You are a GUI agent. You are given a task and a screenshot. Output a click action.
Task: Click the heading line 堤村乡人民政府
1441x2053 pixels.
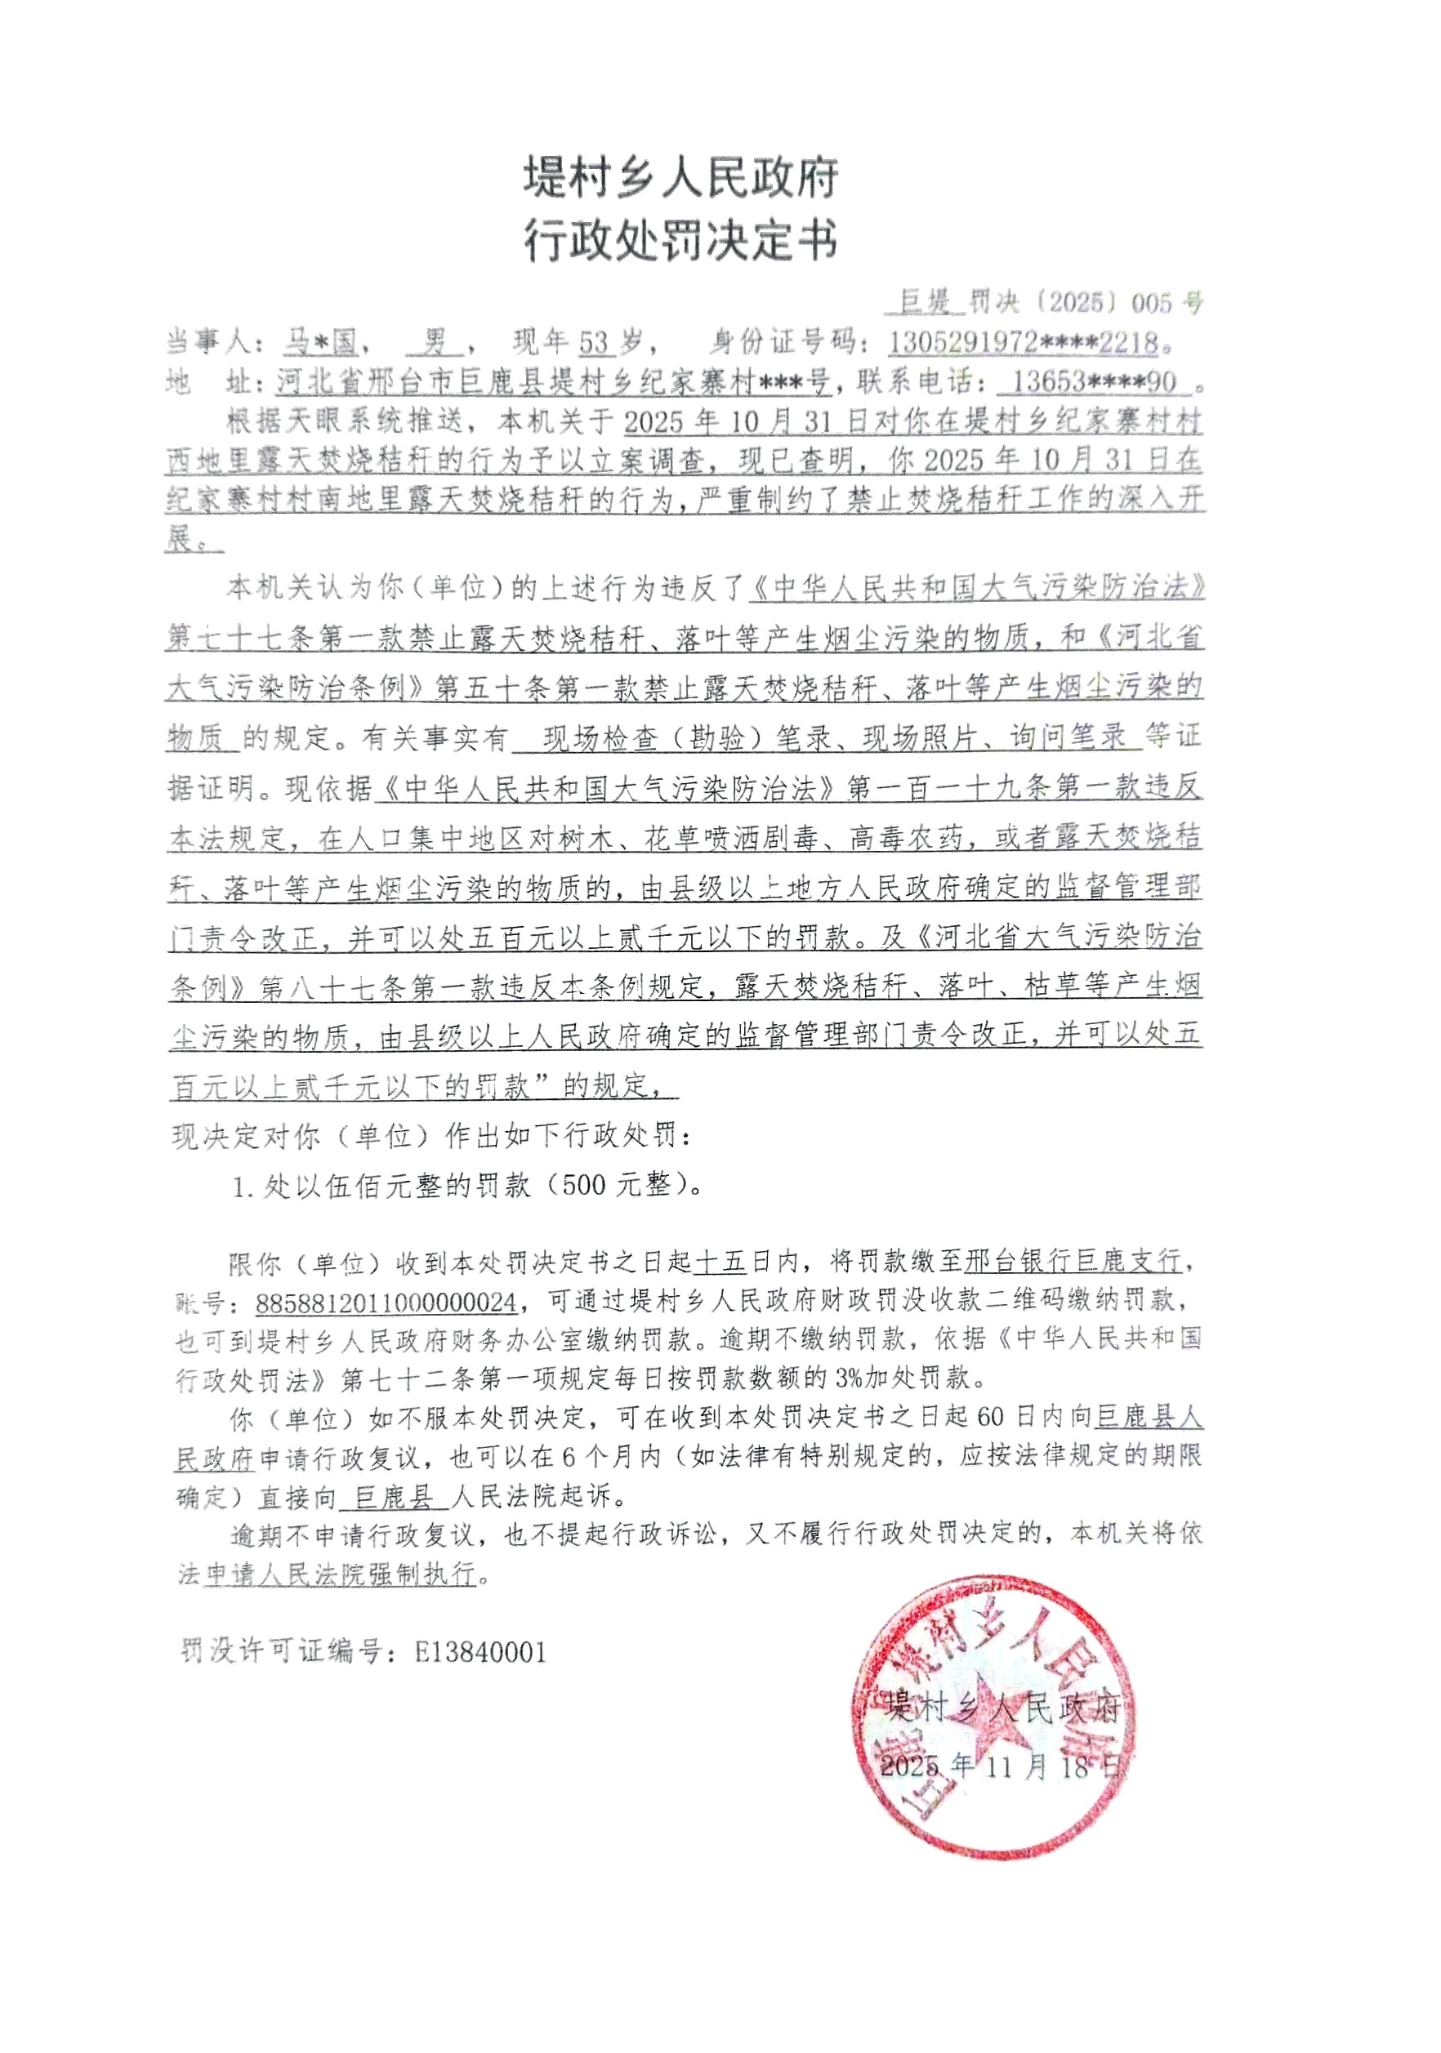pyautogui.click(x=680, y=177)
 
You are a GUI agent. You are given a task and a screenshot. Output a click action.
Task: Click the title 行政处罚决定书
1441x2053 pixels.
pyautogui.click(x=680, y=239)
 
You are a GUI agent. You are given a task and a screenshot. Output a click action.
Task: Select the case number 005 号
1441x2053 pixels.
pyautogui.click(x=1167, y=303)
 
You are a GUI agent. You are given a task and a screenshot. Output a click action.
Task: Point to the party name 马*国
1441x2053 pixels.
pyautogui.click(x=320, y=341)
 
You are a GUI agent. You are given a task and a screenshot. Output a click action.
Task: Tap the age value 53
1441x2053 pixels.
pyautogui.click(x=594, y=342)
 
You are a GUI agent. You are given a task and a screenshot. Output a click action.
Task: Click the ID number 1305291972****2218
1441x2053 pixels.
pyautogui.click(x=1024, y=342)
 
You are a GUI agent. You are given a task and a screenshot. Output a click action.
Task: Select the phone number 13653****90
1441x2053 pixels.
pyautogui.click(x=1093, y=383)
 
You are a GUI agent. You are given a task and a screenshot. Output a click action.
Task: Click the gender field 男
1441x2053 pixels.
pyautogui.click(x=435, y=341)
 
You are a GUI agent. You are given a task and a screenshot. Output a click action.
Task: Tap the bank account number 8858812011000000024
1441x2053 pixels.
pyautogui.click(x=386, y=1303)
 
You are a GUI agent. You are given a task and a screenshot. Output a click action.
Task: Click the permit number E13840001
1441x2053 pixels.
pyautogui.click(x=480, y=1651)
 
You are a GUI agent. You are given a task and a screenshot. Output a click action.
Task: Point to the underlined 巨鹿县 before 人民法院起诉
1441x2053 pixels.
pyautogui.click(x=394, y=1496)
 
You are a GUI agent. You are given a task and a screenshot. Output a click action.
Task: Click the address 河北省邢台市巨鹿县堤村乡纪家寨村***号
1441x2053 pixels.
pyautogui.click(x=554, y=383)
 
